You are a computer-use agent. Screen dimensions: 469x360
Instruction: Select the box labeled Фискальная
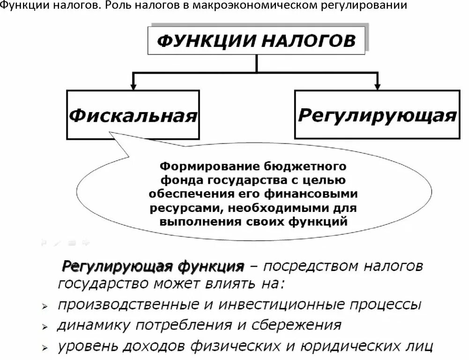[x=133, y=115]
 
